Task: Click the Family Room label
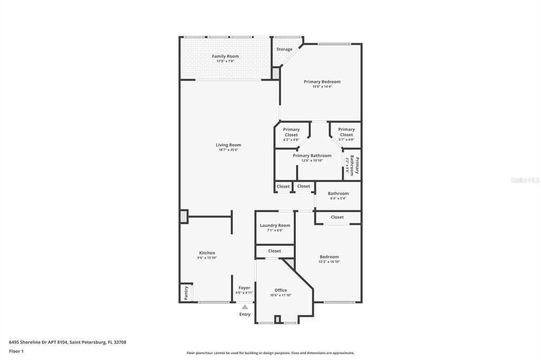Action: [225, 56]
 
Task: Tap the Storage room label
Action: [284, 50]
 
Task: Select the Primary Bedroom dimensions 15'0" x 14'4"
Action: [322, 87]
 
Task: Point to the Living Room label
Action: [228, 145]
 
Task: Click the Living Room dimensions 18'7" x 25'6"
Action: [228, 150]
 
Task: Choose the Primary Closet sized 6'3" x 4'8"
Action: [291, 135]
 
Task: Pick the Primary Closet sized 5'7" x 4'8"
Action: [346, 135]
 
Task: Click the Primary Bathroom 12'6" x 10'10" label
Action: [312, 156]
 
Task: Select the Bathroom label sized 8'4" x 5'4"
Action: [338, 194]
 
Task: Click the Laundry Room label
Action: [275, 225]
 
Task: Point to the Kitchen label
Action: [207, 253]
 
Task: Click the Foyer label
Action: [244, 288]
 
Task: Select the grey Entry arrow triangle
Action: [245, 307]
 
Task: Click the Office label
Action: [281, 290]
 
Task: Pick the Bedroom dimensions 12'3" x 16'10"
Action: [329, 262]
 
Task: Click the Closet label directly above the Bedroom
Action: [337, 217]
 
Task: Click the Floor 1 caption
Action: [16, 351]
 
